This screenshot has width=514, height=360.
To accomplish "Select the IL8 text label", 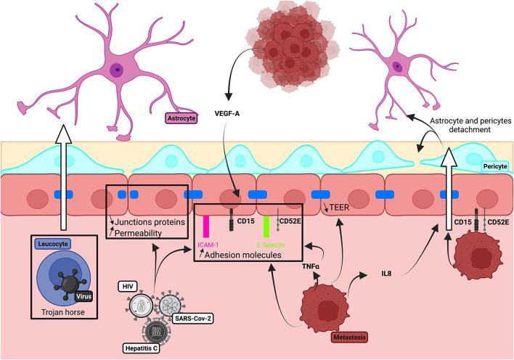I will (388, 275).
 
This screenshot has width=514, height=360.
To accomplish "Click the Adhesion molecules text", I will (248, 255).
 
